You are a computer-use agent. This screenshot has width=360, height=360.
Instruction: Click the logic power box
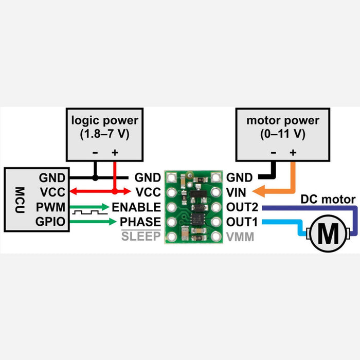(x=105, y=134)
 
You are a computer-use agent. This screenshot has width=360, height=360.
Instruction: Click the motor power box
(x=282, y=134)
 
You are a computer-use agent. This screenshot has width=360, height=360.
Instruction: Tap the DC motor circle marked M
(x=328, y=234)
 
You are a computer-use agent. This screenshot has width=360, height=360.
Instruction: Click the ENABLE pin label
(x=136, y=207)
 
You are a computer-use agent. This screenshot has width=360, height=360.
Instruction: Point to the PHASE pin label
(x=140, y=222)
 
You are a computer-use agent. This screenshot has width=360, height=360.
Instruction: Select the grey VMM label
(x=240, y=238)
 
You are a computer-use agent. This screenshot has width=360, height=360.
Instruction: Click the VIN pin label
(x=236, y=192)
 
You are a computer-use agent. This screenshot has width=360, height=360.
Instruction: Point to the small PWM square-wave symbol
(x=89, y=212)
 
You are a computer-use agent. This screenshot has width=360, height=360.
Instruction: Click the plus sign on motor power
(x=293, y=153)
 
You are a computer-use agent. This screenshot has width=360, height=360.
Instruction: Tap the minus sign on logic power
(x=95, y=153)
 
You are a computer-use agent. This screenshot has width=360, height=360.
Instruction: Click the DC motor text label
(x=328, y=200)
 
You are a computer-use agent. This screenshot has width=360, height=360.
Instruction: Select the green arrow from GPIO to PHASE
(x=93, y=222)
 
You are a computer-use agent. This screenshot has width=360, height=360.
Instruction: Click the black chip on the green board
(x=198, y=218)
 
